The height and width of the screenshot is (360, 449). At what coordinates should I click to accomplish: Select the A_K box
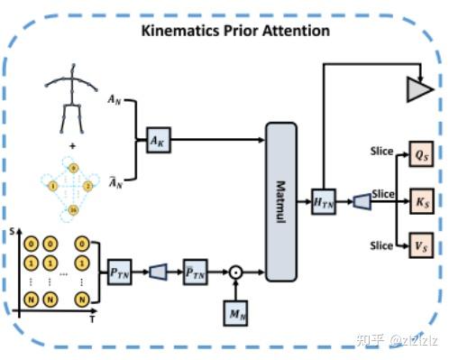pyautogui.click(x=160, y=140)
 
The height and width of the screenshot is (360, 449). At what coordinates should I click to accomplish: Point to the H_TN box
pyautogui.click(x=323, y=199)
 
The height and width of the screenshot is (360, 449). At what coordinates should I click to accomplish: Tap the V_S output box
pyautogui.click(x=419, y=245)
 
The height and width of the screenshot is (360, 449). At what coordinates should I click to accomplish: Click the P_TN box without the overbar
pyautogui.click(x=120, y=271)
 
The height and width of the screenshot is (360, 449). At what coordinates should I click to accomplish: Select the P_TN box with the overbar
pyautogui.click(x=195, y=271)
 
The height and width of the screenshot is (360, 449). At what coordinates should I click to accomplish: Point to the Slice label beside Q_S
pyautogui.click(x=381, y=151)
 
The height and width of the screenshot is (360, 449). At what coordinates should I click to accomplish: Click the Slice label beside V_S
pyautogui.click(x=381, y=245)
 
